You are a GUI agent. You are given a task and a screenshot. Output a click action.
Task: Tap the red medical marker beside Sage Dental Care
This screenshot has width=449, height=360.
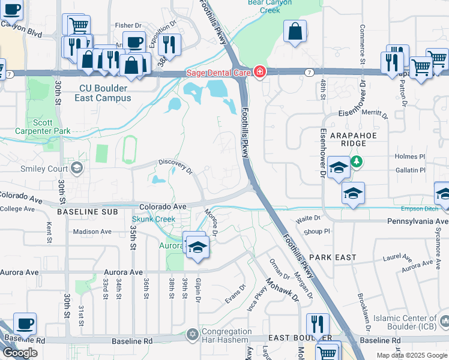click(259, 73)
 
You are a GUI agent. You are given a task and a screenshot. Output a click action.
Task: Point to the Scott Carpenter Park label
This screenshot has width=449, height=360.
click(52, 127)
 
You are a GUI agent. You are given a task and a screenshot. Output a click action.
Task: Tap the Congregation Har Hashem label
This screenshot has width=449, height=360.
click(226, 336)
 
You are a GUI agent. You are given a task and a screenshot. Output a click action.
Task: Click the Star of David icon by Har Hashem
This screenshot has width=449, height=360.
click(192, 334)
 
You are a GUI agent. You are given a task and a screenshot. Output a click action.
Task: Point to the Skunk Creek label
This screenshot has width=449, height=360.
click(154, 220)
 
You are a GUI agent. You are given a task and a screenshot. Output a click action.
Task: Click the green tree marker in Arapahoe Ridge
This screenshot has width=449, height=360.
click(357, 161)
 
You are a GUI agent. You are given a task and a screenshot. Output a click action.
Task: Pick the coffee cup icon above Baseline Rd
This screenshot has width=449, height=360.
click(25, 324)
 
